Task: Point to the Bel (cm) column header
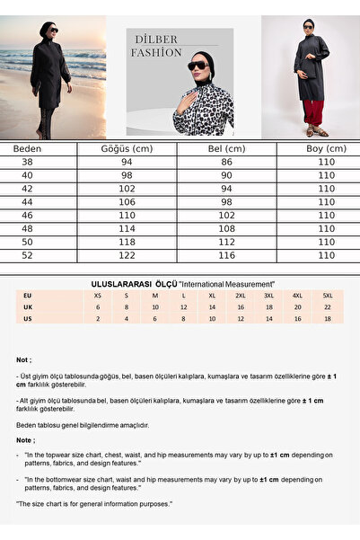click(226, 148)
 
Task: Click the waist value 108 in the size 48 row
click(226, 229)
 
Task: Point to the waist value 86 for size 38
click(226, 163)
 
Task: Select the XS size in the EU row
click(97, 295)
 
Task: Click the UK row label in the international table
click(28, 306)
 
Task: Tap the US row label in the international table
click(28, 318)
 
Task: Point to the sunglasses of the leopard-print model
click(197, 66)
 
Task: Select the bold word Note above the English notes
click(24, 440)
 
